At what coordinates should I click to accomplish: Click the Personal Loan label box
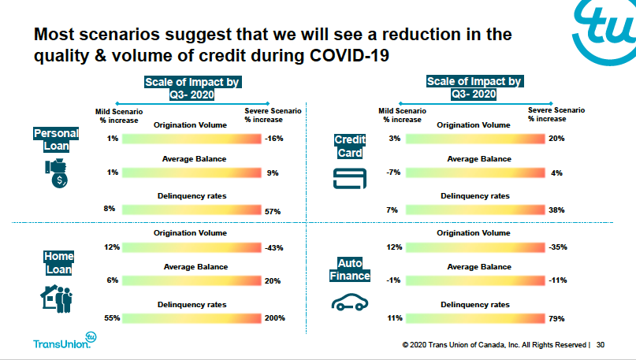pyautogui.click(x=55, y=140)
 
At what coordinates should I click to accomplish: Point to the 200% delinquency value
pyautogui.click(x=274, y=318)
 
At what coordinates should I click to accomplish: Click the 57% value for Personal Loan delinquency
pyautogui.click(x=273, y=210)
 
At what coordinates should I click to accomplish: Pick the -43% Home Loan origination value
pyautogui.click(x=274, y=248)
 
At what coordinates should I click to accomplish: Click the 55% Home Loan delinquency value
pyautogui.click(x=112, y=317)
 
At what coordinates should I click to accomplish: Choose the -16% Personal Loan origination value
pyautogui.click(x=274, y=139)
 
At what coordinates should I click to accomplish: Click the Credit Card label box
pyautogui.click(x=350, y=147)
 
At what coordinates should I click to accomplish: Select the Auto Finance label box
pyautogui.click(x=351, y=271)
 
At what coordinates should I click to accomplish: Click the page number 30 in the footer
pyautogui.click(x=601, y=344)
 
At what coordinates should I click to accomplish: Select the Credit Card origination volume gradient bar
pyautogui.click(x=473, y=139)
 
